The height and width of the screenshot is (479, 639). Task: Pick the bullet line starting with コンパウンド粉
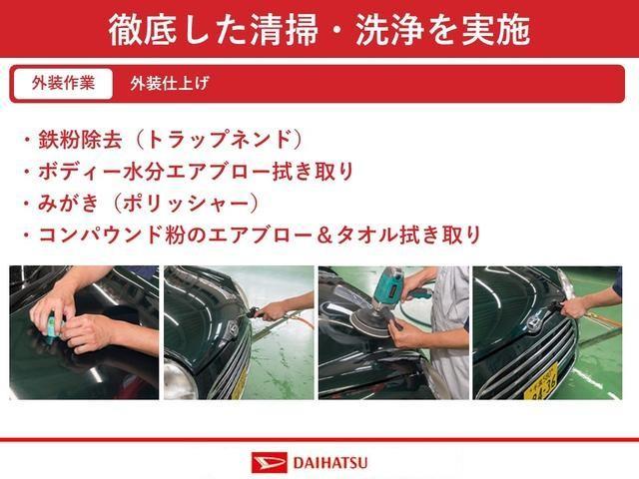tap(251, 236)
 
